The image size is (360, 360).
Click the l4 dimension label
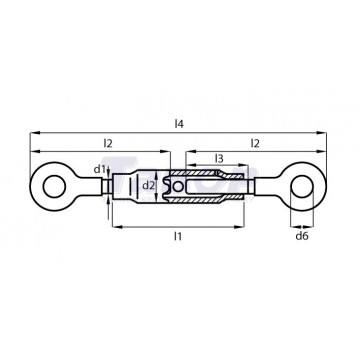[x=179, y=124]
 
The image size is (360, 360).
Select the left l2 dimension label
[x=108, y=143]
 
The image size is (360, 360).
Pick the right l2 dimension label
[x=255, y=143]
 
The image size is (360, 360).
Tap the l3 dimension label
[x=219, y=159]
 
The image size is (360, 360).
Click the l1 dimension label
[x=178, y=236]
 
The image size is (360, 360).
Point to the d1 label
[x=99, y=169]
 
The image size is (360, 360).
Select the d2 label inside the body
[x=149, y=186]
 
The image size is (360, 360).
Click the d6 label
[x=302, y=236]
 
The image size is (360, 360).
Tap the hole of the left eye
[x=54, y=186]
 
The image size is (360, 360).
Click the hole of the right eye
[x=302, y=186]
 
